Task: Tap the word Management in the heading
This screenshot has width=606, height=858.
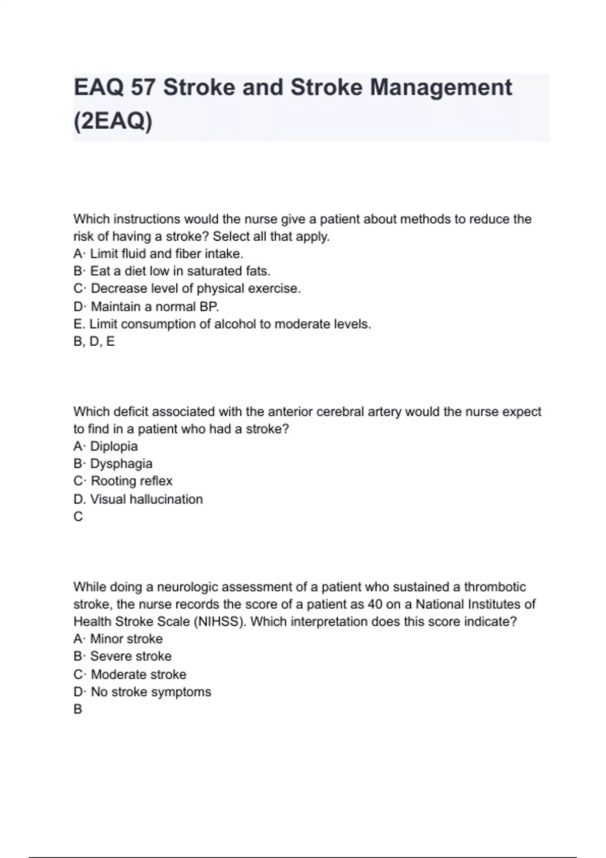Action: [441, 88]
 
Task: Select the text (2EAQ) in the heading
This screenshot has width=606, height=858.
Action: [113, 121]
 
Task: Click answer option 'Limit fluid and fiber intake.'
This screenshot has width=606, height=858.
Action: [166, 254]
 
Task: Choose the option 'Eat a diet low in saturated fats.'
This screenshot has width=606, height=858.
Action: [180, 271]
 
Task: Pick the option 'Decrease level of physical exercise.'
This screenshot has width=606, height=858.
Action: [195, 289]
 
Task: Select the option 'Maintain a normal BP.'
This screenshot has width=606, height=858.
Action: [155, 306]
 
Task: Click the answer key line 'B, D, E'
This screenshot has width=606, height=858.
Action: [94, 342]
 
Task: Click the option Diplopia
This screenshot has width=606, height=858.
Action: [114, 447]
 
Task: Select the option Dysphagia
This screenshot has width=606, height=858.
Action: [121, 464]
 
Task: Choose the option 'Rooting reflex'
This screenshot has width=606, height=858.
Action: [131, 481]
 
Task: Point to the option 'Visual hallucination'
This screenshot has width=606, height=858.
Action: [146, 499]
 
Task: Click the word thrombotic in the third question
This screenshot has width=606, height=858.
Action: [495, 587]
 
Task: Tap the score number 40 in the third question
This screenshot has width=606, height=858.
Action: [375, 604]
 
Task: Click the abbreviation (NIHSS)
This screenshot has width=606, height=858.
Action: [219, 621]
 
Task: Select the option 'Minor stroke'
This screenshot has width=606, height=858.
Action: [126, 639]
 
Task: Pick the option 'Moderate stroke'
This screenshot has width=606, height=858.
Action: [138, 674]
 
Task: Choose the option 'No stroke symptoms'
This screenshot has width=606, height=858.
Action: [150, 692]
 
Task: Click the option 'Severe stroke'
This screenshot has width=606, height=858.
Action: [131, 656]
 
